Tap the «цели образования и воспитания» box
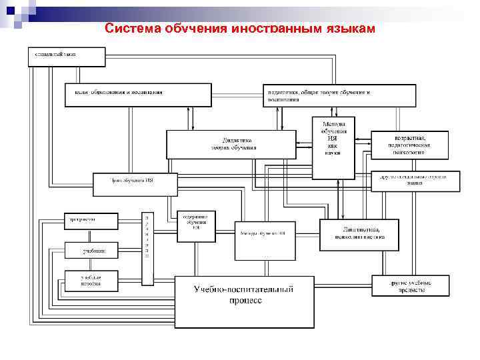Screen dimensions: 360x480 (137, 94)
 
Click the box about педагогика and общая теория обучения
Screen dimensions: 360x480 (339, 95)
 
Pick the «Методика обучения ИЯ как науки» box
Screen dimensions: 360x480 (333, 147)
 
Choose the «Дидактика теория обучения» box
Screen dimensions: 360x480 (230, 144)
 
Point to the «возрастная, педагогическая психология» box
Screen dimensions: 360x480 (409, 145)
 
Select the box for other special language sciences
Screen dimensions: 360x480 (415, 181)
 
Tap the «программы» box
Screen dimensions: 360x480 (91, 221)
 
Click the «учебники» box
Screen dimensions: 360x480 (91, 251)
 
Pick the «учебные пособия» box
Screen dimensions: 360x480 (91, 281)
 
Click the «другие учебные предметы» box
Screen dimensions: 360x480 (410, 285)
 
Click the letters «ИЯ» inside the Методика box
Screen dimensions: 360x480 (333, 138)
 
